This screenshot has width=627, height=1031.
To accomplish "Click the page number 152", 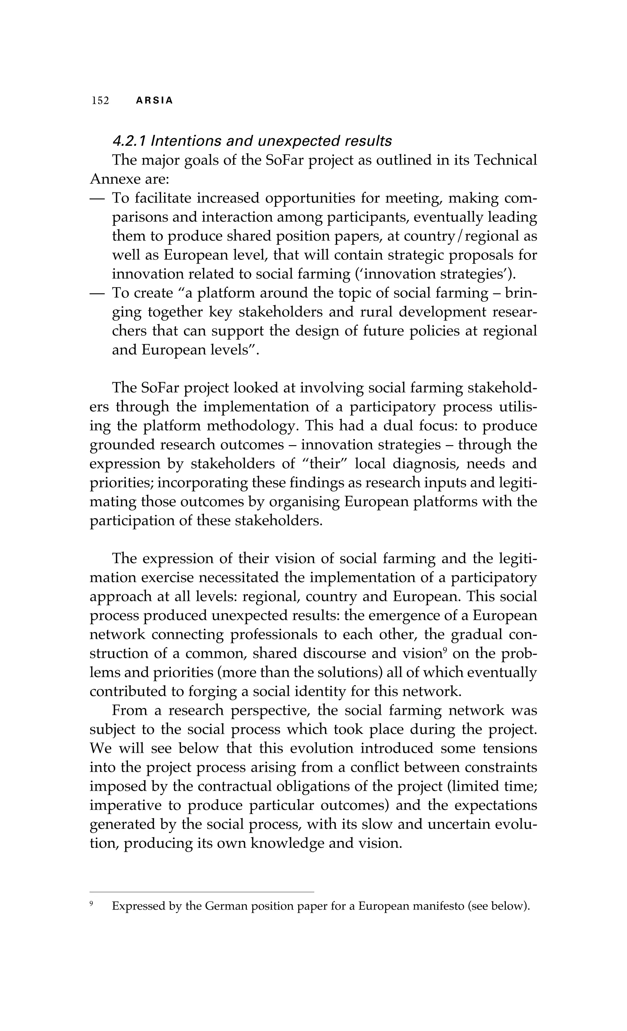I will [x=100, y=101].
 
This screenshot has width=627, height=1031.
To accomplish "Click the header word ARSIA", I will [x=154, y=101].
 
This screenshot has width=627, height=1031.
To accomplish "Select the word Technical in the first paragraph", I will [x=505, y=160].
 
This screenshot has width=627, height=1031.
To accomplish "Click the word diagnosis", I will [x=421, y=464].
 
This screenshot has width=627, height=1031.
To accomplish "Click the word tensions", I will [x=509, y=748].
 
